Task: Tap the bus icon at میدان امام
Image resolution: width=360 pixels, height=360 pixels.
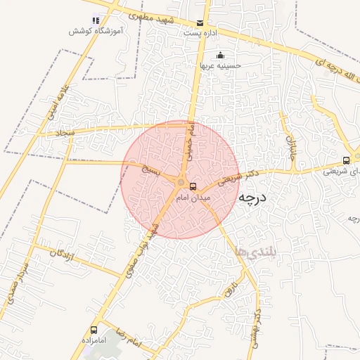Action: [193, 187]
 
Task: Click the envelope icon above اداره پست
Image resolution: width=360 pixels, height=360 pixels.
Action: [202, 23]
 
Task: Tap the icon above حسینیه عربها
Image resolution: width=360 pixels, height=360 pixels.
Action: [221, 56]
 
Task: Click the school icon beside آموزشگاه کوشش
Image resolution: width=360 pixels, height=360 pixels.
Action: [96, 20]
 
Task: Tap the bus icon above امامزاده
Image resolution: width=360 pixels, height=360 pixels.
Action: [94, 330]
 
